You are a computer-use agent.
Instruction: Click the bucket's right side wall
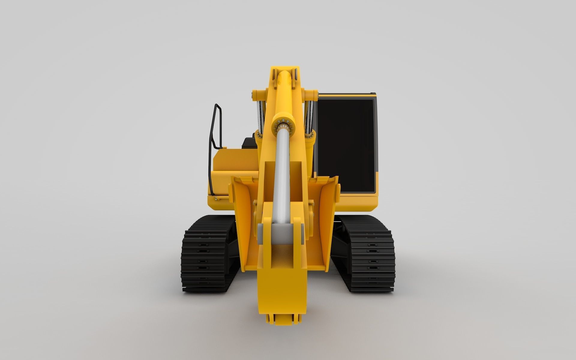point(325,204)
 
